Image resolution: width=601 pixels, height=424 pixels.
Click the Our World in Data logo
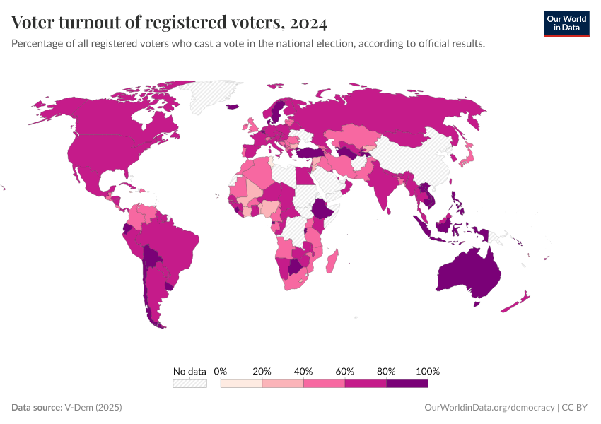coord(566,23)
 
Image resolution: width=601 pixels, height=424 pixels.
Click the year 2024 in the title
coord(308,23)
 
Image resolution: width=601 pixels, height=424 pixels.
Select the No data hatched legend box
coord(189,383)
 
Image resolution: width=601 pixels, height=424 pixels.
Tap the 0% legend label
coord(221,371)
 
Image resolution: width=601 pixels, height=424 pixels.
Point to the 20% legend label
coord(262,371)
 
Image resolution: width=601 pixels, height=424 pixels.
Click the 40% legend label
coord(303,371)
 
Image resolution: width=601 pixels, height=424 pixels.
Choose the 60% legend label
coord(345,371)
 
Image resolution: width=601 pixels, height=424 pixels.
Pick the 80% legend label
coord(387,371)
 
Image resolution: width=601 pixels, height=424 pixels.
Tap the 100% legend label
coord(428,371)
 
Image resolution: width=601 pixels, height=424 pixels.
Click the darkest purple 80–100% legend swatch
coord(407,383)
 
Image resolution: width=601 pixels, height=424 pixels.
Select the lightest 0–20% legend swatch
coord(241,383)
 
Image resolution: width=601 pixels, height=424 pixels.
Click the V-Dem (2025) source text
coord(93,408)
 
